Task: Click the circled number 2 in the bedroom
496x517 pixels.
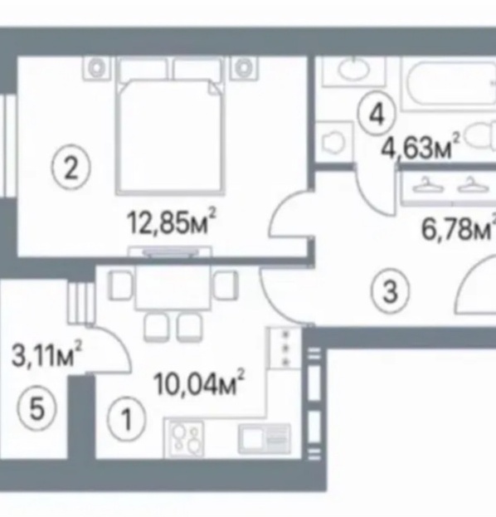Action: pyautogui.click(x=71, y=168)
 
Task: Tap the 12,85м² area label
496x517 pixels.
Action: pyautogui.click(x=172, y=222)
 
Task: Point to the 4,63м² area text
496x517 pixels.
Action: pyautogui.click(x=420, y=147)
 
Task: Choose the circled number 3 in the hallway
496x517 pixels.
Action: pyautogui.click(x=390, y=292)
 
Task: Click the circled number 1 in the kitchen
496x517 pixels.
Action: pyautogui.click(x=126, y=418)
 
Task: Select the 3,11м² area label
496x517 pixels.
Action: pyautogui.click(x=46, y=354)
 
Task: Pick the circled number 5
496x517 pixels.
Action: pyautogui.click(x=36, y=408)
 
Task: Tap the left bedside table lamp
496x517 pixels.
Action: pyautogui.click(x=96, y=68)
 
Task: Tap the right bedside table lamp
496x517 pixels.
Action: pyautogui.click(x=244, y=68)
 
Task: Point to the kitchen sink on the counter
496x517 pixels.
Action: pyautogui.click(x=265, y=438)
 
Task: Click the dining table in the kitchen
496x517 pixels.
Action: pyautogui.click(x=173, y=287)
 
